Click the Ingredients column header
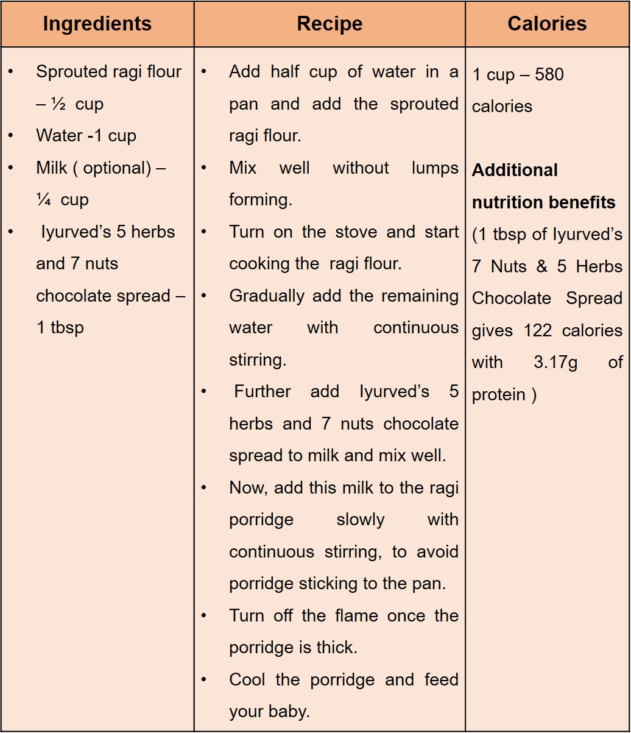click(97, 24)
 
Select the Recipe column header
click(330, 24)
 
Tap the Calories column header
click(547, 24)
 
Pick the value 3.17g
click(555, 363)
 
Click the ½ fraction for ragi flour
click(58, 104)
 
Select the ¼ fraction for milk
click(43, 200)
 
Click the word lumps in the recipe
click(435, 168)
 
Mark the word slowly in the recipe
click(361, 520)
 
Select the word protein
click(498, 395)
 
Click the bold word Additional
click(515, 170)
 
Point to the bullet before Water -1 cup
click(11, 136)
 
